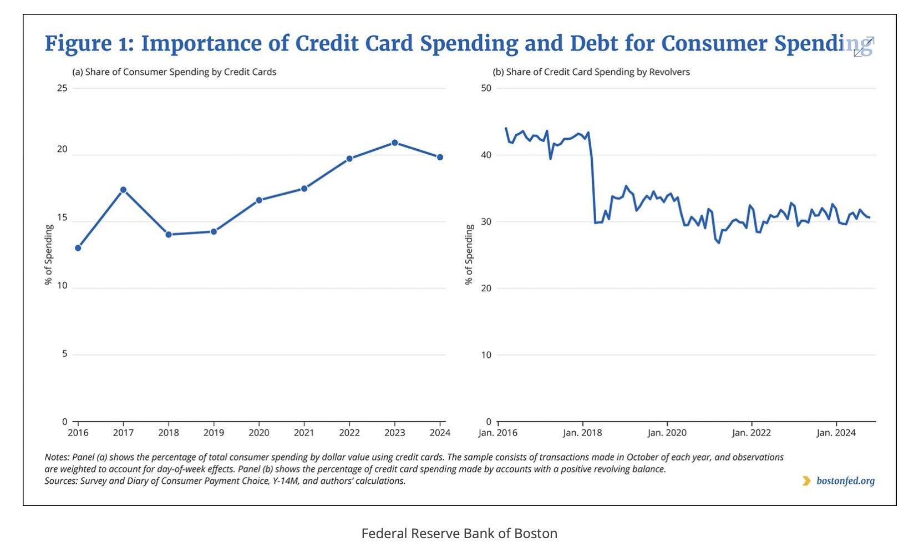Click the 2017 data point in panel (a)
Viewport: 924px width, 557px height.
pyautogui.click(x=123, y=190)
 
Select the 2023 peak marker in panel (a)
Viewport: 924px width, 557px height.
pyautogui.click(x=395, y=143)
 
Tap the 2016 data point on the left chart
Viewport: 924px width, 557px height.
pyautogui.click(x=78, y=248)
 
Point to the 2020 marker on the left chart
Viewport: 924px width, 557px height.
pyautogui.click(x=259, y=200)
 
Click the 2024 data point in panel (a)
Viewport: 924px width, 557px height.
pyautogui.click(x=440, y=157)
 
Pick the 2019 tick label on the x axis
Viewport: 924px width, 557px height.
pyautogui.click(x=214, y=433)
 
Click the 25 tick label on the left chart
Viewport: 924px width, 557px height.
pyautogui.click(x=62, y=88)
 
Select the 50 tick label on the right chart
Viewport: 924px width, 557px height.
pyautogui.click(x=486, y=88)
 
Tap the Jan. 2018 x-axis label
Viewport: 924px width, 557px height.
pyautogui.click(x=582, y=433)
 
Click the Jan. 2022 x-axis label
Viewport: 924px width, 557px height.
pyautogui.click(x=752, y=433)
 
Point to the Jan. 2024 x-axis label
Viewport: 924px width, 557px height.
pyautogui.click(x=836, y=433)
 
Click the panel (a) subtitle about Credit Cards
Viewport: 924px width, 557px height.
pyautogui.click(x=174, y=72)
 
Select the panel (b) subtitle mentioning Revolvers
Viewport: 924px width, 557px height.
pyautogui.click(x=591, y=72)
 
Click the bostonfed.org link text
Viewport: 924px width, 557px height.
pyautogui.click(x=845, y=481)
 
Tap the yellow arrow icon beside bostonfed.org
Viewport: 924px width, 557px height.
pyautogui.click(x=806, y=481)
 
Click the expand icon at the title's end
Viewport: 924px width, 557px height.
pyautogui.click(x=864, y=47)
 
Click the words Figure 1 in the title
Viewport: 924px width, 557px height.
pyautogui.click(x=89, y=44)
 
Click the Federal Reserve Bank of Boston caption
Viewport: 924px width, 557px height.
pyautogui.click(x=459, y=534)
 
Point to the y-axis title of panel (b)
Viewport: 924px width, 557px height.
pyautogui.click(x=470, y=255)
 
